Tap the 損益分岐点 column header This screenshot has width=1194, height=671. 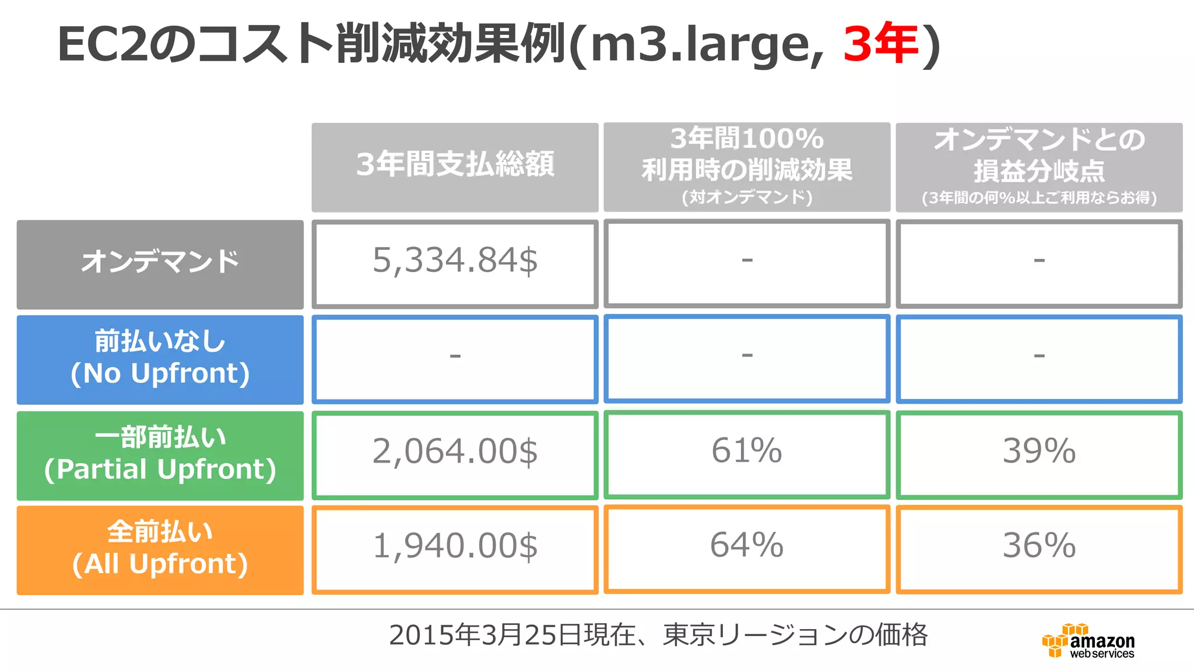(x=1039, y=167)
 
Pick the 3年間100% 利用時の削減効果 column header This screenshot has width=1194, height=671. (x=747, y=167)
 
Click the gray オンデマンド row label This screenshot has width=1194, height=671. (x=160, y=263)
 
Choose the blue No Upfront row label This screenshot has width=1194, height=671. (x=160, y=359)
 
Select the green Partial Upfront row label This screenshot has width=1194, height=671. (x=160, y=455)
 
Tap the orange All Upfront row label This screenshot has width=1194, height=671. (x=160, y=549)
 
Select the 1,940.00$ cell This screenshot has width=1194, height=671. (x=455, y=547)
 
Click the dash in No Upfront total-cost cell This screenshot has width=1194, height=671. (x=455, y=355)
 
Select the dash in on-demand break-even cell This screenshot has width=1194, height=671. (x=1039, y=260)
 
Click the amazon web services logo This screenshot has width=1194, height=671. (x=1088, y=642)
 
